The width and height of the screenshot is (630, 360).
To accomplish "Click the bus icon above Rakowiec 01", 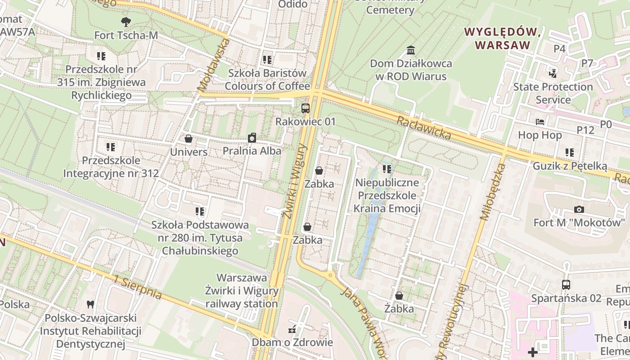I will click(306, 108).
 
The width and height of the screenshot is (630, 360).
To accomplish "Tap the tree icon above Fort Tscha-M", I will click(126, 21).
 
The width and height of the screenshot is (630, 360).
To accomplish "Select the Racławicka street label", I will click(423, 127).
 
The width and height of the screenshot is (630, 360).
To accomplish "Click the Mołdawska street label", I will click(213, 65).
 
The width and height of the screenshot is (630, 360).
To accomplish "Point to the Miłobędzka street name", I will click(493, 191).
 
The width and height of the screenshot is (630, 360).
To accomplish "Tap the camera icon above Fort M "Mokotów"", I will click(579, 209).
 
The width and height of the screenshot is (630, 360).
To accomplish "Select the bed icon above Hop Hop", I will click(540, 122).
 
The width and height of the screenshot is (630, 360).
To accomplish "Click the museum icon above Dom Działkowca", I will click(410, 49).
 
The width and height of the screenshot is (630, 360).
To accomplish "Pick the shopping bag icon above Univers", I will click(189, 139).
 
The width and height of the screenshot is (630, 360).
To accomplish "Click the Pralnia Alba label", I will click(252, 151).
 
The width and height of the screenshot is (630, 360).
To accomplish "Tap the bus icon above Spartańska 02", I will click(566, 285).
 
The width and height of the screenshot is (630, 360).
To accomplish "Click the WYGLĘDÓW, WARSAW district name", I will click(502, 38).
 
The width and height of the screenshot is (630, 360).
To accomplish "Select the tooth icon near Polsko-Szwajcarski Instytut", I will click(90, 304).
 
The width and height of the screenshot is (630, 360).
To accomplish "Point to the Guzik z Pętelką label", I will click(570, 166).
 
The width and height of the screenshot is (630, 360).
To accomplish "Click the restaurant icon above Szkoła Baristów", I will click(267, 59).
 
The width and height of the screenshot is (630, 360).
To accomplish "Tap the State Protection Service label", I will click(553, 93).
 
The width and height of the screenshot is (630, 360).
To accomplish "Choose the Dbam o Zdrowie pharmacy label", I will click(292, 342).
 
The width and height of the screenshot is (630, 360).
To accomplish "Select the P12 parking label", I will click(585, 130).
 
